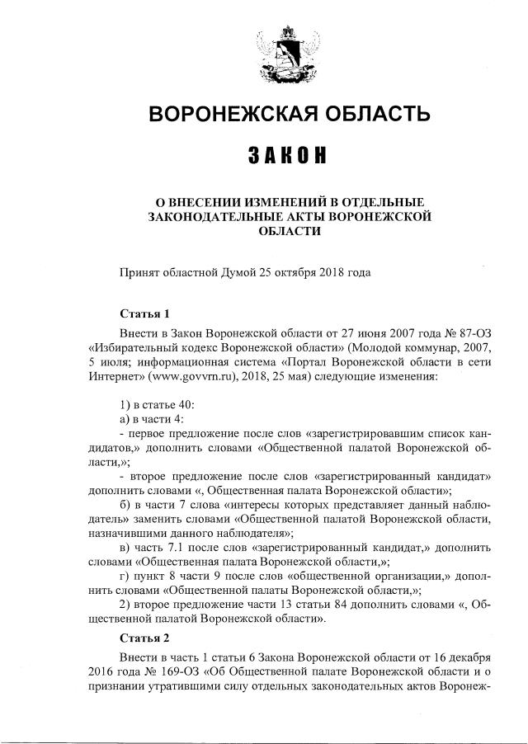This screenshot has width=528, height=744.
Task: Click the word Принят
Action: click(139, 271)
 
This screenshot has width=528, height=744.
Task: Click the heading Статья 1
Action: click(144, 313)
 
